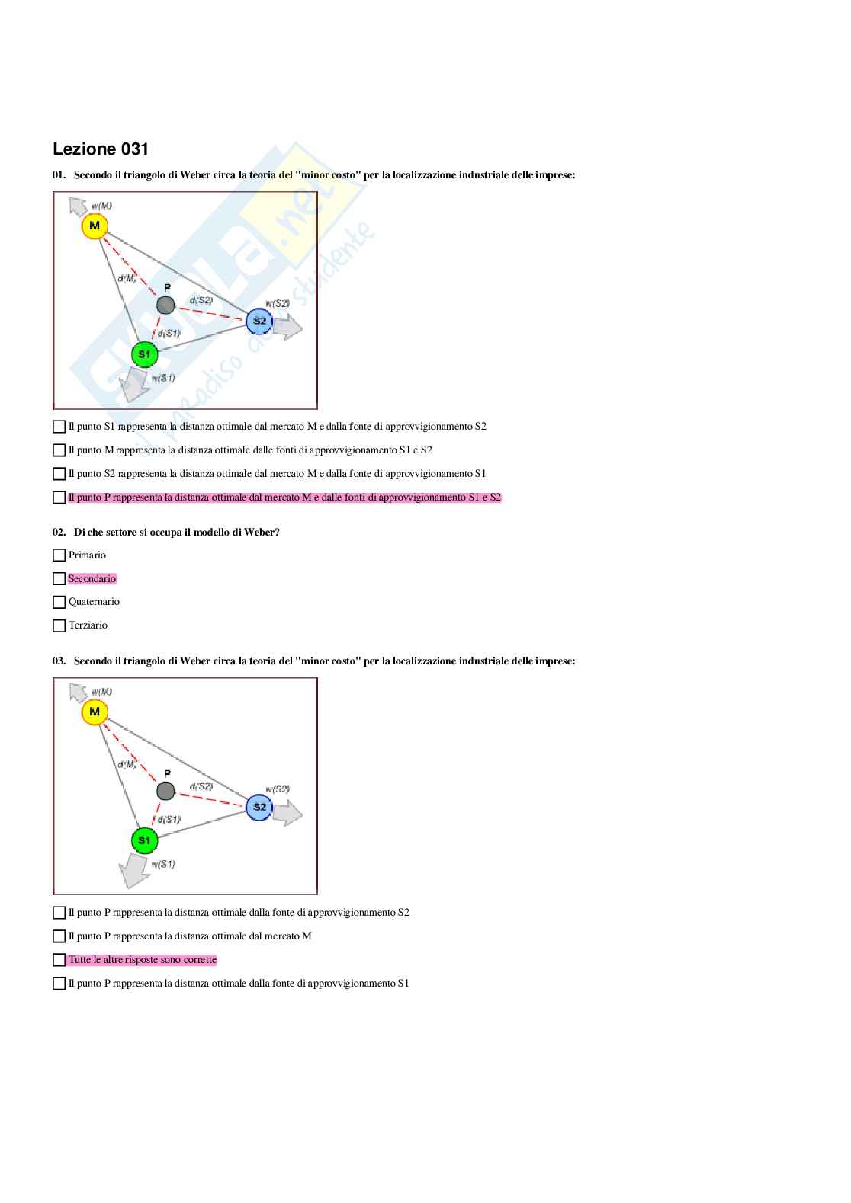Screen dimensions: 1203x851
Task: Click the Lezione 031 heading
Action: coord(101,149)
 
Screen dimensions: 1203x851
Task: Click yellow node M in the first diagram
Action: coord(95,226)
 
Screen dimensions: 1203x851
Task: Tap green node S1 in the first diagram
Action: coord(144,354)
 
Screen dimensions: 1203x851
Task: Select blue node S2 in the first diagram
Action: coord(259,321)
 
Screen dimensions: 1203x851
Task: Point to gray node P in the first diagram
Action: coord(165,306)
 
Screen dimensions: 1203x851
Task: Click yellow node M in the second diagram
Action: coord(95,712)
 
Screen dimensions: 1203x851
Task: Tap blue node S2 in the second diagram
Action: coord(259,807)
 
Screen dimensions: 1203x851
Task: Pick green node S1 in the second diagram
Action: coord(144,840)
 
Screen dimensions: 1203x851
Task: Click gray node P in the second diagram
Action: coord(165,792)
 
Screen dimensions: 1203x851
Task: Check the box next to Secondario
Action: coord(59,579)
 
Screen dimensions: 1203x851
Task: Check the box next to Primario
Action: coord(59,555)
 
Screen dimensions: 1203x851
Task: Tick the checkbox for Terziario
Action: coord(59,625)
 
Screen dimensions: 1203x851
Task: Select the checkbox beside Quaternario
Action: coord(59,602)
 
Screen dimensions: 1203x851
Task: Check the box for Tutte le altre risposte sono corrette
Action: coord(59,960)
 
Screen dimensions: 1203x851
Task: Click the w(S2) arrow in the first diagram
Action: coord(287,327)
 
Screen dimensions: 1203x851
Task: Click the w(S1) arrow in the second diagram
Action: coord(135,870)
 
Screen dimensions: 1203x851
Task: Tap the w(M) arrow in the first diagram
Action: coord(78,206)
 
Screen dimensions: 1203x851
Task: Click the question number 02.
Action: coord(59,533)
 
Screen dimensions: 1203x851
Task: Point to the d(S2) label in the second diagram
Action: coord(201,786)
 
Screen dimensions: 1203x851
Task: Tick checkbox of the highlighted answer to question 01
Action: coord(59,498)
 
